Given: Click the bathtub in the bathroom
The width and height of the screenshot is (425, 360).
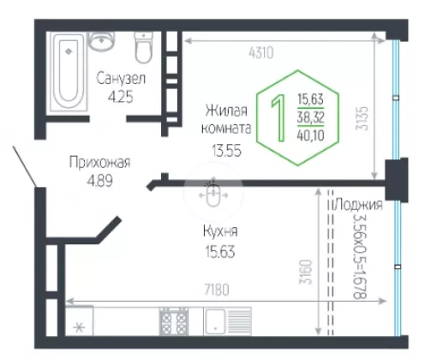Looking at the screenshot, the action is click(x=69, y=71).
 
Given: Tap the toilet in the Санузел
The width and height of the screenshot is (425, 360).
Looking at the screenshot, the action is click(x=143, y=47).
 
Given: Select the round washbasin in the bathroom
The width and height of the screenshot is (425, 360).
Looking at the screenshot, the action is click(x=101, y=41).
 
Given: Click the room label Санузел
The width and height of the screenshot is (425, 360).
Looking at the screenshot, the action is click(x=121, y=78).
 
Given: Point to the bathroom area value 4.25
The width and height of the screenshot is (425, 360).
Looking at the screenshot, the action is click(x=121, y=97).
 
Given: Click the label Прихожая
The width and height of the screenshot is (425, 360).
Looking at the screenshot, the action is click(x=99, y=162).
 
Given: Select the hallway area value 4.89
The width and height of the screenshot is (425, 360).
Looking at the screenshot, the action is click(x=99, y=181).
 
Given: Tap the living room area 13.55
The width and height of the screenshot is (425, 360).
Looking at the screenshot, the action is click(x=226, y=150).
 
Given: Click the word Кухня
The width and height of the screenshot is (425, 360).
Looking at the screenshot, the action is click(x=220, y=231).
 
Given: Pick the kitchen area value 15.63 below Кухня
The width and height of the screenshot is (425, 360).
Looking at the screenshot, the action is click(x=220, y=252).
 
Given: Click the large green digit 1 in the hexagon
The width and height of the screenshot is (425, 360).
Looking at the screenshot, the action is click(x=278, y=118).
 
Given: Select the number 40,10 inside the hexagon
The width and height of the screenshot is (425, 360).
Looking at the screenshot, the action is click(x=310, y=135).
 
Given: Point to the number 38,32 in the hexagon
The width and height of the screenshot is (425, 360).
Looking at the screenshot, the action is click(x=310, y=117).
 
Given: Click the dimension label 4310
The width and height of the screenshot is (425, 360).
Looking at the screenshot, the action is click(x=261, y=53).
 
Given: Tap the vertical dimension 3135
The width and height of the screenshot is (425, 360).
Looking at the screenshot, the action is click(x=362, y=118).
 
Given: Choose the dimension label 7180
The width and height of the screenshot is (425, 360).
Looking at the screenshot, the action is click(x=217, y=290).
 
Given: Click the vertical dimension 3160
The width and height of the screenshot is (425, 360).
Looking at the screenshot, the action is click(x=305, y=272).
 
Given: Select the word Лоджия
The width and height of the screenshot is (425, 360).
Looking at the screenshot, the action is click(x=359, y=205).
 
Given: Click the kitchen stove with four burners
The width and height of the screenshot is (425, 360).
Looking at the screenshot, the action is click(x=174, y=321).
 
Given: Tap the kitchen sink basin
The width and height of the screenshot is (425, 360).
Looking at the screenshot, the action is click(x=214, y=321).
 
